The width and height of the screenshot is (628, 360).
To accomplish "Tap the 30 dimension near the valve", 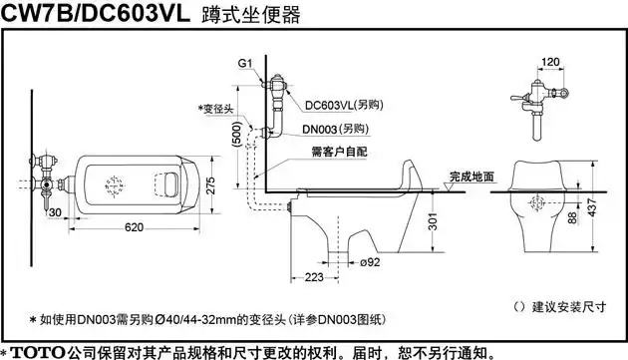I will [54, 210].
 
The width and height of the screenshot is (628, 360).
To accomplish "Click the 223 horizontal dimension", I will [313, 275].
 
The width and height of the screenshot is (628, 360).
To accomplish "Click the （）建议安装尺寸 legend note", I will [558, 304].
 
